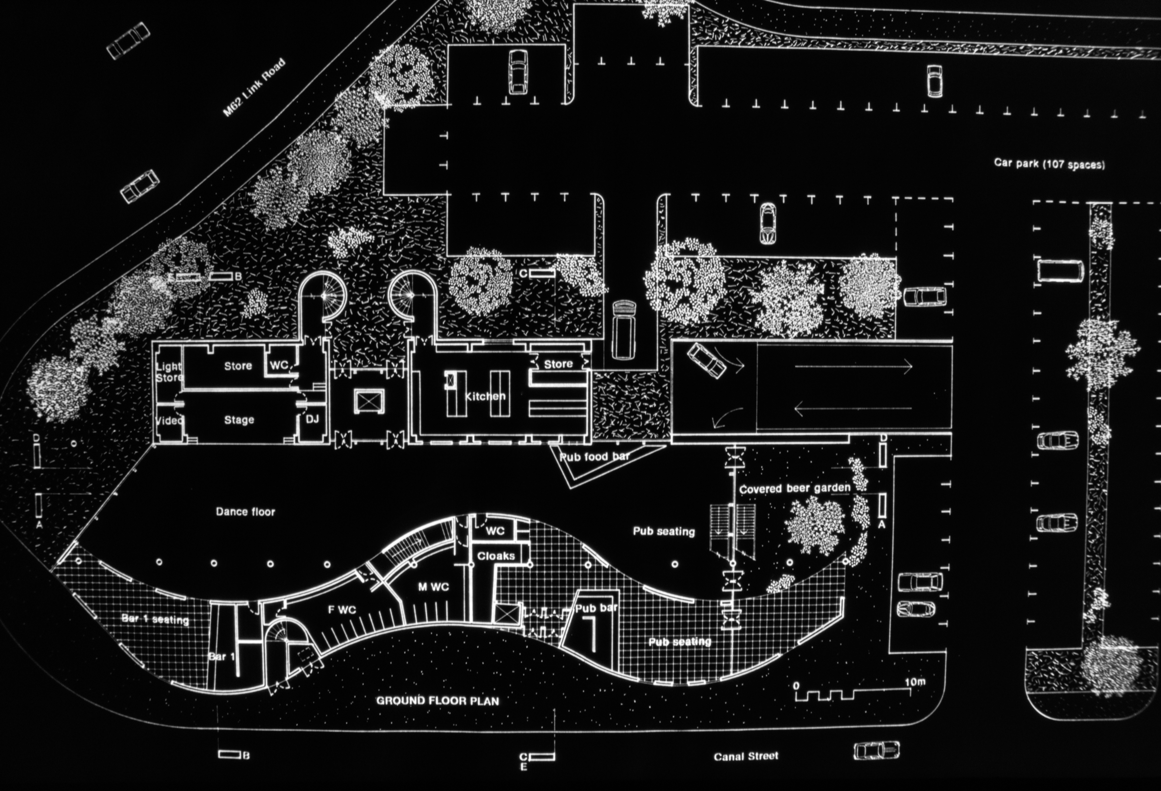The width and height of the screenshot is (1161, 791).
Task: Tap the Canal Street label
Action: [746, 756]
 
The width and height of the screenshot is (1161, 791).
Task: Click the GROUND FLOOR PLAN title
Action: [437, 701]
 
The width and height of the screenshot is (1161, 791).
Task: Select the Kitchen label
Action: [485, 396]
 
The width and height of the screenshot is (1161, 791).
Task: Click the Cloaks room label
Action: [495, 556]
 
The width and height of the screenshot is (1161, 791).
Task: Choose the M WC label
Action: [433, 587]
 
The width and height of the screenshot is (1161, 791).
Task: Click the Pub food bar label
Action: [594, 457]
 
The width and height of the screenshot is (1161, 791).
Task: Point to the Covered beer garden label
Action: [794, 488]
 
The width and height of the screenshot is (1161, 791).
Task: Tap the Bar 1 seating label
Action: [155, 619]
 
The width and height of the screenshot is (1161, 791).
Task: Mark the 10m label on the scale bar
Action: [915, 682]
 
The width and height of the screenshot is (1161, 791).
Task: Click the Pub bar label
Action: [596, 608]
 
